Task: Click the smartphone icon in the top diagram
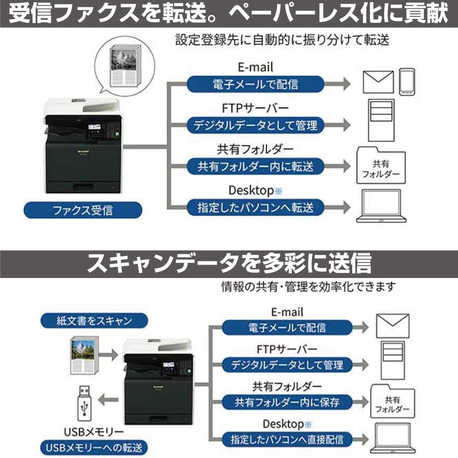(407, 82)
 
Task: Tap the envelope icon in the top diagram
(378, 82)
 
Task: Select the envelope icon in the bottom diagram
(392, 326)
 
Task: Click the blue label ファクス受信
(83, 210)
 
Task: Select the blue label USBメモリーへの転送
(94, 446)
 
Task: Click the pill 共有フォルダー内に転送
(256, 166)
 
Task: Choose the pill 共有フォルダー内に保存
(287, 402)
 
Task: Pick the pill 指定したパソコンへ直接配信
(287, 438)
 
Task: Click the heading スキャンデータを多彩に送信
(229, 263)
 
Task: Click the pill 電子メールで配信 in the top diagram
(255, 84)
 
